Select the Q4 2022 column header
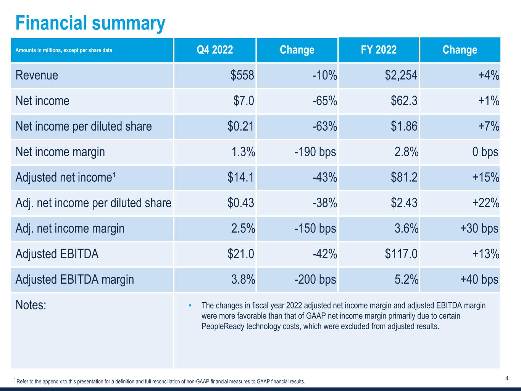[215, 50]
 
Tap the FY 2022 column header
[379, 50]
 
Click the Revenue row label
[37, 75]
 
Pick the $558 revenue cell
[242, 75]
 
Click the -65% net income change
[324, 101]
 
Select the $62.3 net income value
[404, 101]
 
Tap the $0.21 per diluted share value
[240, 126]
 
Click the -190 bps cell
[315, 152]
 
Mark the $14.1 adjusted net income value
[240, 178]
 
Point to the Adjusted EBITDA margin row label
[74, 280]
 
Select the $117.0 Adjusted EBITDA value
[401, 254]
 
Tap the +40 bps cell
[479, 280]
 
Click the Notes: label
[31, 305]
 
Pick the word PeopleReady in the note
[220, 327]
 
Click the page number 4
[506, 378]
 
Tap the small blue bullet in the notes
[190, 305]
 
